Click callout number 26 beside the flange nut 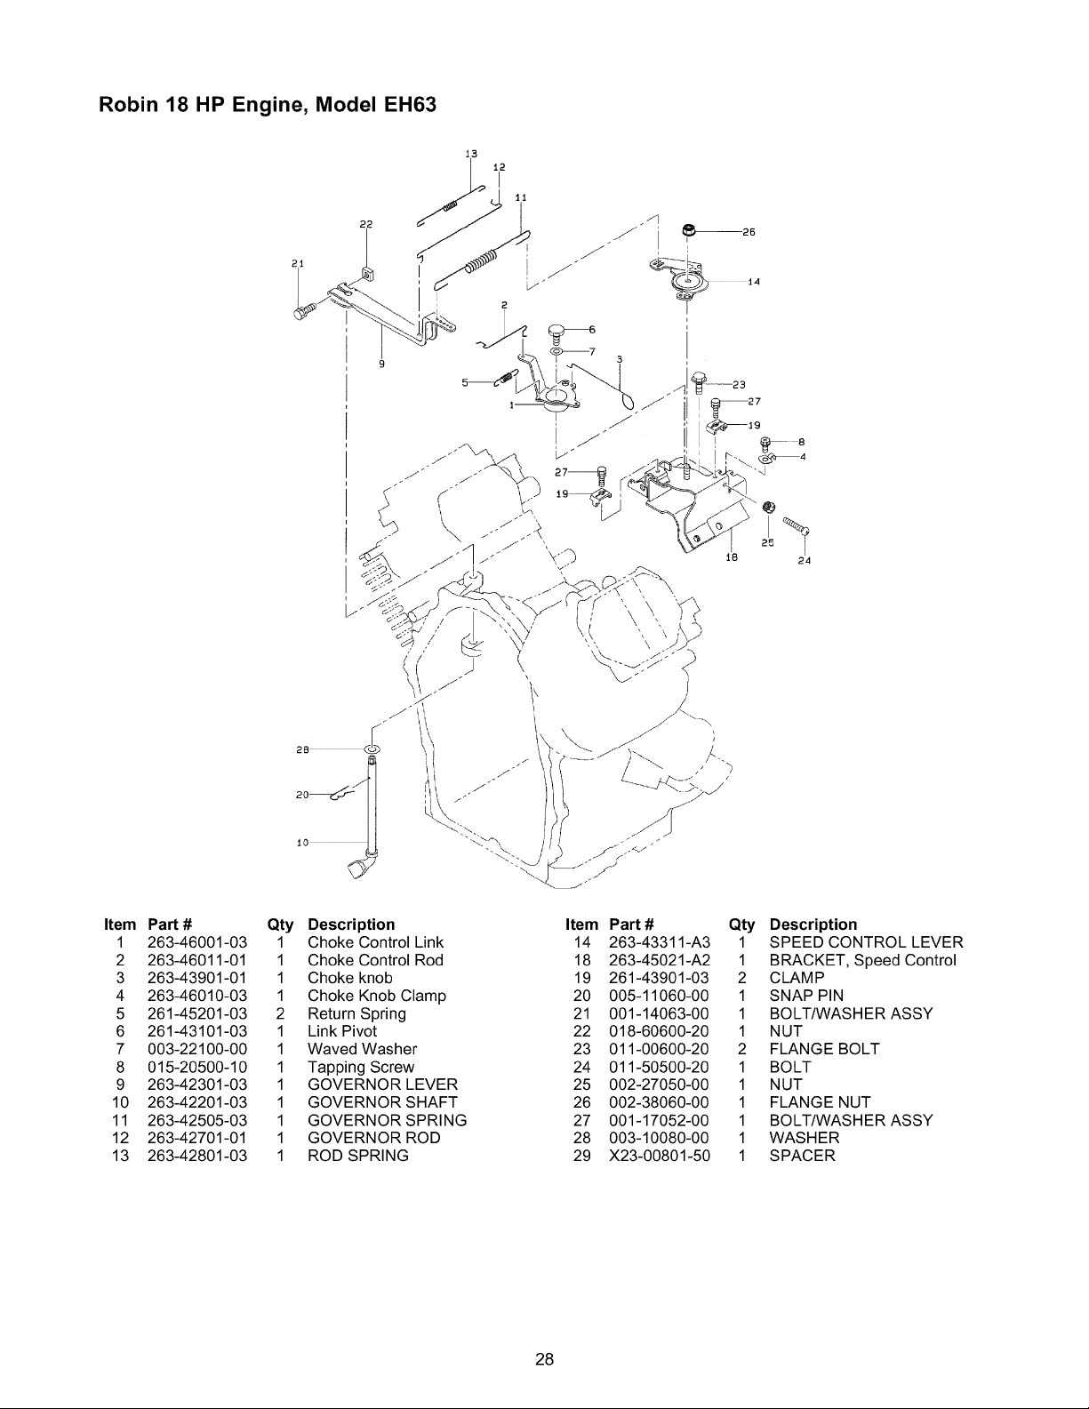tap(749, 232)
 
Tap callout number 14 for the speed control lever tap(754, 282)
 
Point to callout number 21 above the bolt tap(298, 263)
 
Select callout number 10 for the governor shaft tap(302, 843)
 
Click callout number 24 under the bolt tap(805, 561)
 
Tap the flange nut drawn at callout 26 tap(690, 230)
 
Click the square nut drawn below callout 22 tap(367, 274)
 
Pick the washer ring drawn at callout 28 tap(372, 750)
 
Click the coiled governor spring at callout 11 tap(481, 260)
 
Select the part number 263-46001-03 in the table tap(197, 942)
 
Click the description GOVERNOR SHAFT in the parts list tap(382, 1102)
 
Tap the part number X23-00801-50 tap(660, 1156)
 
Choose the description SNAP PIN tap(806, 996)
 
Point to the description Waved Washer tap(363, 1049)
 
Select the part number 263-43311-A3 tap(660, 942)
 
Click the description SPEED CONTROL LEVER tap(866, 942)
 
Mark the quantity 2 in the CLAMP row tap(741, 978)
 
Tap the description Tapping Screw tap(360, 1068)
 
